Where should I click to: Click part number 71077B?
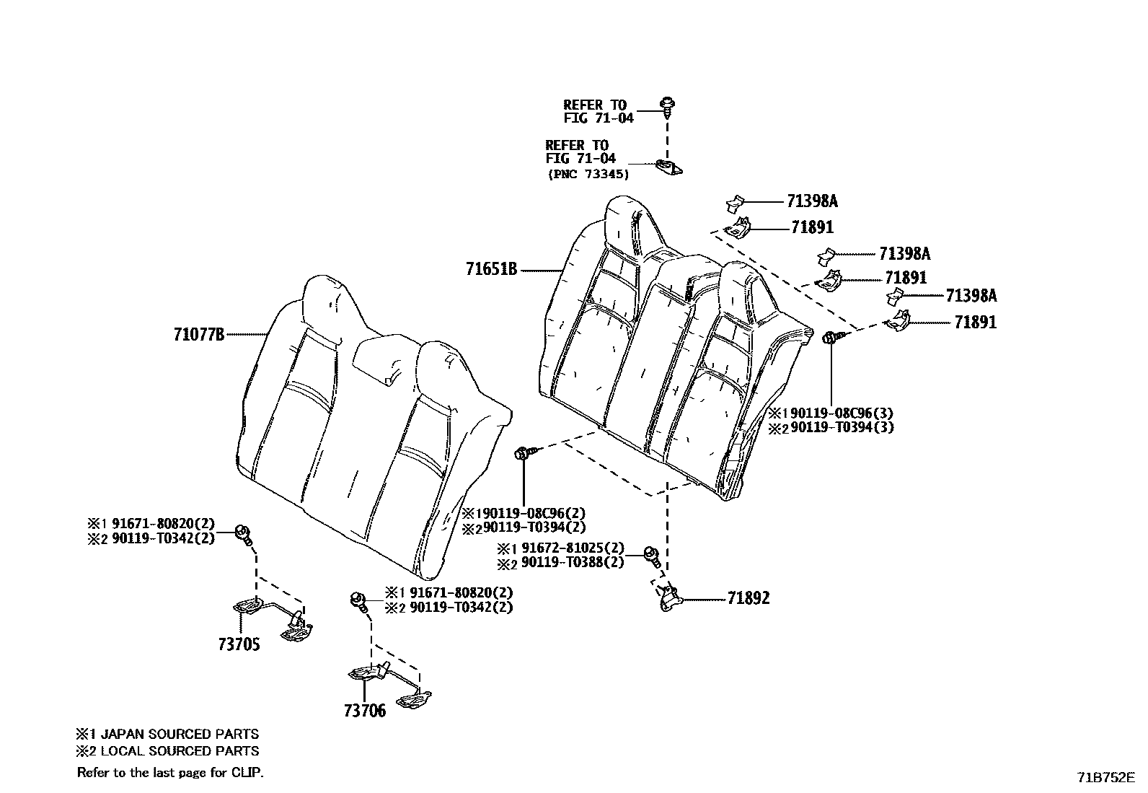[x=199, y=335]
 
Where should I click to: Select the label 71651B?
[x=491, y=270]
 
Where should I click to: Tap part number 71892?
[x=748, y=598]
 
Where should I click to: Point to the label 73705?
[x=239, y=644]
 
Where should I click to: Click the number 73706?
[x=365, y=711]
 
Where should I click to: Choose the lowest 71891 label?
[x=975, y=323]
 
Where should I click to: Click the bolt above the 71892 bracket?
[x=653, y=555]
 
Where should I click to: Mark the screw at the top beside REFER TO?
[x=667, y=107]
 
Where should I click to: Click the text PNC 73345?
[x=587, y=174]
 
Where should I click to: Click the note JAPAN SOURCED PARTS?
[x=179, y=735]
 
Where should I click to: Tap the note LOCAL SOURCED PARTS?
[x=179, y=751]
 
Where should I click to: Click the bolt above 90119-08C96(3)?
[x=831, y=336]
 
